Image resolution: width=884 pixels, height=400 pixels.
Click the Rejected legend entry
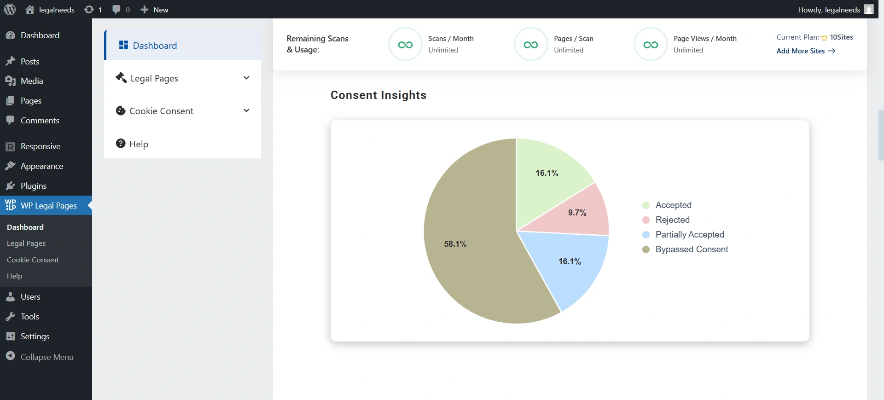coord(672,220)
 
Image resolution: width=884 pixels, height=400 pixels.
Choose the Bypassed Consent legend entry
coord(691,249)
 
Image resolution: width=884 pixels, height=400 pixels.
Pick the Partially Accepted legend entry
coord(689,235)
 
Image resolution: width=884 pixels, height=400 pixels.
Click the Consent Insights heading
coord(378,95)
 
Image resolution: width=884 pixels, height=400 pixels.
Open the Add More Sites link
coord(805,51)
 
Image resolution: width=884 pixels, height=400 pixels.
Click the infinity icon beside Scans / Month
coord(405,45)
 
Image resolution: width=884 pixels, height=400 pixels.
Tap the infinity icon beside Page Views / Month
coord(651,45)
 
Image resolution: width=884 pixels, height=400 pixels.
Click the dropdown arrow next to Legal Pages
coord(246,78)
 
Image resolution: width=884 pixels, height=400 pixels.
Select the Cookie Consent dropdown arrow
coord(246,110)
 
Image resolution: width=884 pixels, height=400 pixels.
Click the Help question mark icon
coord(121,144)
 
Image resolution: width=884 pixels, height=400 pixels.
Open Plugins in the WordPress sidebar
coord(33,186)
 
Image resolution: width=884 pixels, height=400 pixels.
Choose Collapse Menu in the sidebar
coord(47,357)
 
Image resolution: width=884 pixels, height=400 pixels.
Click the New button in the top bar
coord(155,10)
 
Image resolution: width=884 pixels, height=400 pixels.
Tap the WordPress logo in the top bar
coord(10,10)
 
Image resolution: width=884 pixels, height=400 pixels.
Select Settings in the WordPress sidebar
coord(35,336)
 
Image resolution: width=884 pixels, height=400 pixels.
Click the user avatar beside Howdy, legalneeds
coord(869,10)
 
